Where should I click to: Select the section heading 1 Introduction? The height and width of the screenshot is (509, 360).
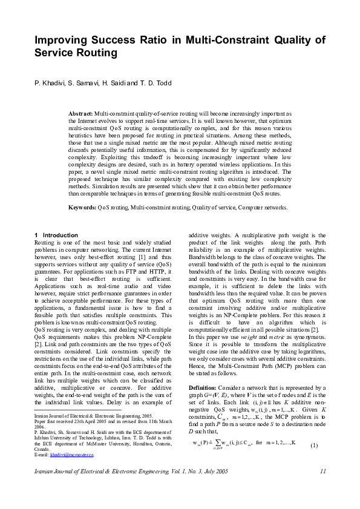56,235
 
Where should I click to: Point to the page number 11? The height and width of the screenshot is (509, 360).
324,471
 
